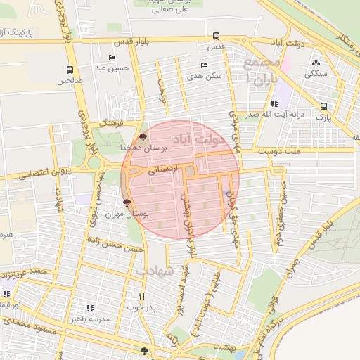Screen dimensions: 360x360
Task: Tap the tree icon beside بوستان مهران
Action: [127, 202]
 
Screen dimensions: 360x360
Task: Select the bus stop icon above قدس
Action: [216, 36]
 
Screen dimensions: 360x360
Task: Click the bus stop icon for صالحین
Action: [70, 70]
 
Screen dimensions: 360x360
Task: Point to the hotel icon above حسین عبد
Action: [112, 58]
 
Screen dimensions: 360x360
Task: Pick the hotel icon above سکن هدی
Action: [203, 65]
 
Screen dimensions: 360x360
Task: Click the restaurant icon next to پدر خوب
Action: [142, 296]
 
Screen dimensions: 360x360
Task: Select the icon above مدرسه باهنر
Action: [89, 308]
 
